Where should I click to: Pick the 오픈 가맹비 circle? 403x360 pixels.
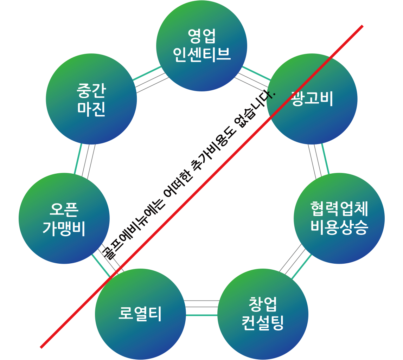(x=64, y=243)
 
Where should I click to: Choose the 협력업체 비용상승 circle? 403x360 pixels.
(x=339, y=246)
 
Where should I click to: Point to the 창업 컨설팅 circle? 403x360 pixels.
(x=263, y=337)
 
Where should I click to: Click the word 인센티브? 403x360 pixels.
(x=201, y=54)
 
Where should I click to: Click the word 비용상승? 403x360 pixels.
(x=339, y=227)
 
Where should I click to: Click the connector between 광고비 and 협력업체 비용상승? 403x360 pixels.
(x=318, y=159)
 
